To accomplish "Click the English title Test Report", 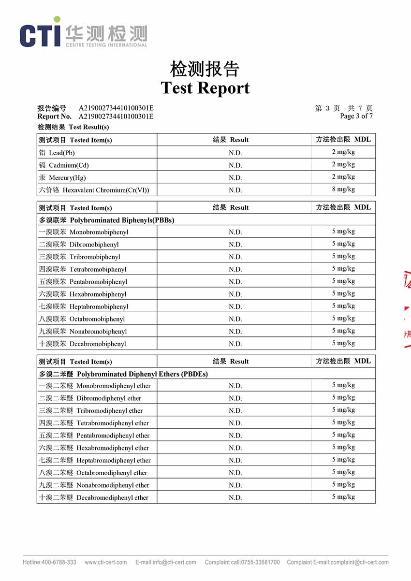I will pyautogui.click(x=205, y=87).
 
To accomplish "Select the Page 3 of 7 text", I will pyautogui.click(x=356, y=116).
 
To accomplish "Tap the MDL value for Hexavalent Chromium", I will pyautogui.click(x=343, y=189).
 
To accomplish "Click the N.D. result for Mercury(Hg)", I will pyautogui.click(x=235, y=177).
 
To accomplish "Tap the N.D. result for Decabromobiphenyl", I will pyautogui.click(x=235, y=344).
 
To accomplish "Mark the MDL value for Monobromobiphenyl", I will pyautogui.click(x=343, y=232).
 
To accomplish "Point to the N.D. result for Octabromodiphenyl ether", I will pyautogui.click(x=235, y=473).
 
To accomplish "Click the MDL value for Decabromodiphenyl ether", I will pyautogui.click(x=343, y=497).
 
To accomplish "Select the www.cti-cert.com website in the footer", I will pyautogui.click(x=106, y=562).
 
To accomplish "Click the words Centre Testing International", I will pyautogui.click(x=106, y=45).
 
